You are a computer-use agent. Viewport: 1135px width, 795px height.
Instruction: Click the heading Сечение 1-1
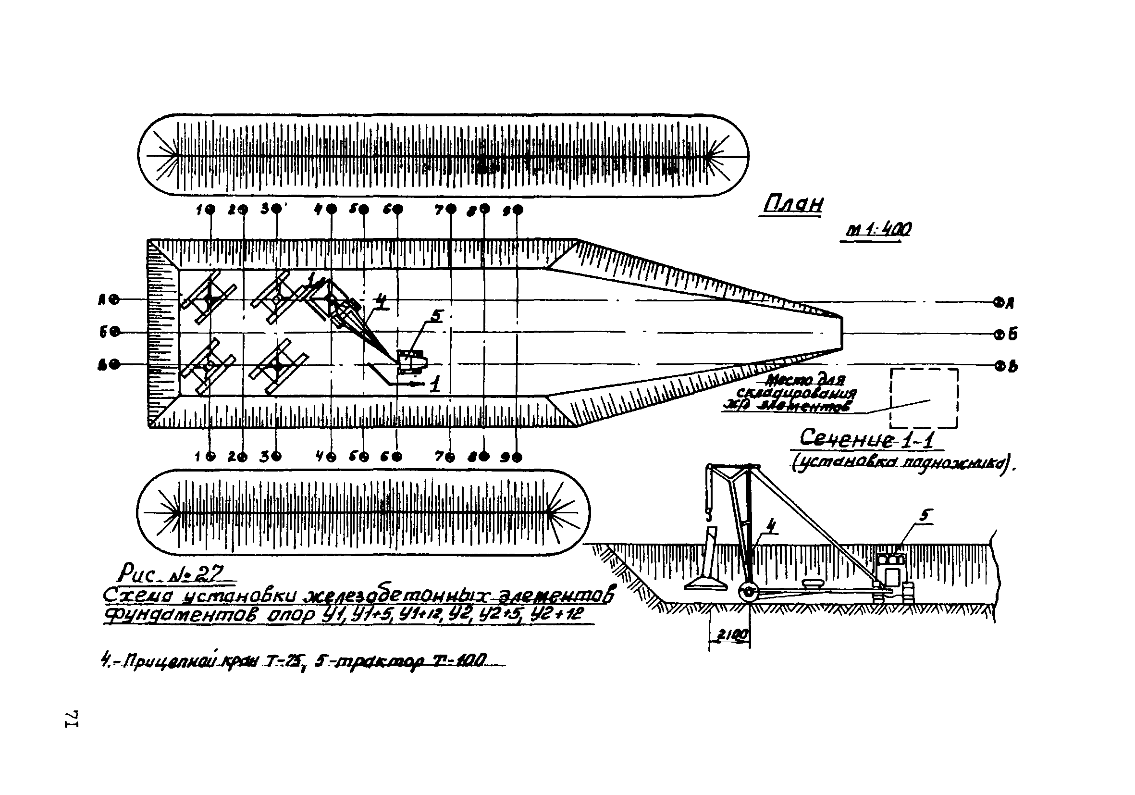(x=866, y=438)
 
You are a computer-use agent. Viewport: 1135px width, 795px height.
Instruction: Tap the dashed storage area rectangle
(x=924, y=397)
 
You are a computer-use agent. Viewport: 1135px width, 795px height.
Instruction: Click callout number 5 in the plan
(x=437, y=315)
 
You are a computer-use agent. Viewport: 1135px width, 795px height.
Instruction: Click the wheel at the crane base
(x=749, y=592)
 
